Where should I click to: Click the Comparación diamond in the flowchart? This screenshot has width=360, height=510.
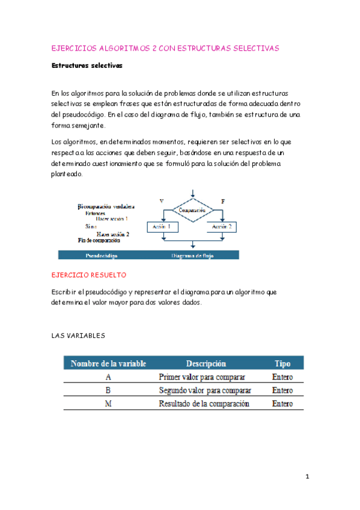click(x=192, y=210)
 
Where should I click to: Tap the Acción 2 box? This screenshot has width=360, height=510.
click(x=223, y=227)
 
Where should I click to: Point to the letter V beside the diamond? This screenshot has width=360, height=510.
click(x=161, y=200)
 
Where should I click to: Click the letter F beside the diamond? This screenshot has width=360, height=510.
click(x=223, y=200)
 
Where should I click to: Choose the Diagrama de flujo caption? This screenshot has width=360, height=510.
click(x=192, y=255)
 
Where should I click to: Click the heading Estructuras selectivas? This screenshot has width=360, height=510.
click(x=87, y=66)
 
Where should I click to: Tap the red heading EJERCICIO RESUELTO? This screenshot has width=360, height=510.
click(x=89, y=275)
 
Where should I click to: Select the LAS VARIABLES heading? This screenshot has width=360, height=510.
click(x=79, y=336)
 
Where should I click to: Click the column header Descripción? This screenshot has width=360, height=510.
click(x=206, y=364)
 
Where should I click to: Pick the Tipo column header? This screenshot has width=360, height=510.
click(x=282, y=364)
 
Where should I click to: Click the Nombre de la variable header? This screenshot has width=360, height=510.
click(x=108, y=364)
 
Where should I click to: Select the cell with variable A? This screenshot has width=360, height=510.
click(x=108, y=377)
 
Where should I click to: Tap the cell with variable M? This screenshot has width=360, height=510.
click(x=108, y=404)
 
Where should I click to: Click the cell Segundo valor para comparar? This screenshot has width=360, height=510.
click(x=205, y=390)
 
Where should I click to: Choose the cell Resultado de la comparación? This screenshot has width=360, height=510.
click(x=204, y=404)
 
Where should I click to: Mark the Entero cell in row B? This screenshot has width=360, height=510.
click(x=282, y=390)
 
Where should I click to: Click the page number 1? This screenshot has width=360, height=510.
click(x=307, y=477)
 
